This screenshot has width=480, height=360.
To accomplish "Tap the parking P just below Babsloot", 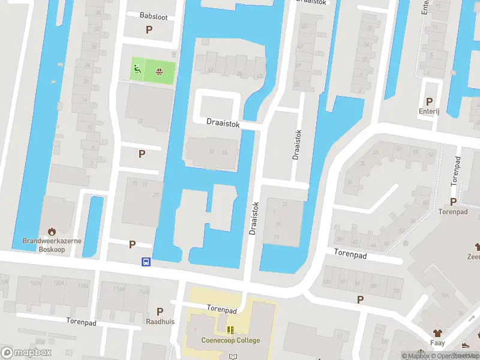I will pos(149,29).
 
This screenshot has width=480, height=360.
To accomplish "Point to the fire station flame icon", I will pos(52,230).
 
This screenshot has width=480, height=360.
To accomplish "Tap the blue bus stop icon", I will pos(146,262).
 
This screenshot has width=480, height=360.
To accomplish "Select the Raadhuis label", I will pos(160,322).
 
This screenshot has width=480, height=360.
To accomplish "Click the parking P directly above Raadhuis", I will pos(160,311).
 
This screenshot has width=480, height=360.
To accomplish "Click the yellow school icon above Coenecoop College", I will pos(230,330).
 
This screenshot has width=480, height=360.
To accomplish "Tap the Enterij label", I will pos(429,111).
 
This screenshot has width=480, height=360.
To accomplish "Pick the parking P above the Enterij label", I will pos(429,101).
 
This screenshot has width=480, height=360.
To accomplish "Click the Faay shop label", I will pos(437,344).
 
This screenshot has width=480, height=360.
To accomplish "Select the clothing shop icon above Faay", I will pos(437,333).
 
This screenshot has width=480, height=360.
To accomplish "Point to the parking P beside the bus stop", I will pos(132,244).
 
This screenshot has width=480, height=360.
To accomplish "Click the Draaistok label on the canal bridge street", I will pos(223,123).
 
